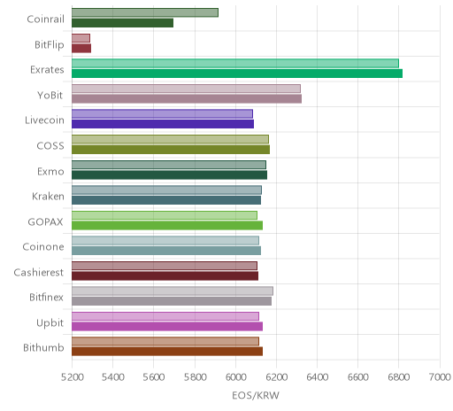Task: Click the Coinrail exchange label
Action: click(45, 19)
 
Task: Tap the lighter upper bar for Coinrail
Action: click(145, 12)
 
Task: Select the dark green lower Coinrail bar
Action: click(122, 23)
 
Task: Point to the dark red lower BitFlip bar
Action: click(81, 48)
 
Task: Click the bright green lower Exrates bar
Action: click(237, 74)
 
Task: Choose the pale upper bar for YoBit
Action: click(186, 89)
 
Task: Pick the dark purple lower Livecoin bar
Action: click(163, 124)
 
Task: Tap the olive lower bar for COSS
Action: click(171, 150)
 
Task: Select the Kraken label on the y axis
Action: click(48, 197)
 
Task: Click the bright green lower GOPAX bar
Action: click(167, 225)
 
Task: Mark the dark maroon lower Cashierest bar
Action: click(165, 275)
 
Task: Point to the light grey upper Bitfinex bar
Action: click(173, 291)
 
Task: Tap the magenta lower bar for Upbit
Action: click(167, 327)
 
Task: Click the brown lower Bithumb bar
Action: click(167, 352)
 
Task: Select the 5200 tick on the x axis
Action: click(72, 377)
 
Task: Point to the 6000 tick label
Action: click(235, 377)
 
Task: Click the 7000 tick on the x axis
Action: click(440, 377)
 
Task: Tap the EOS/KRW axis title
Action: click(256, 396)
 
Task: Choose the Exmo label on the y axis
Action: click(50, 172)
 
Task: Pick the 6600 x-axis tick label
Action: click(358, 377)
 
